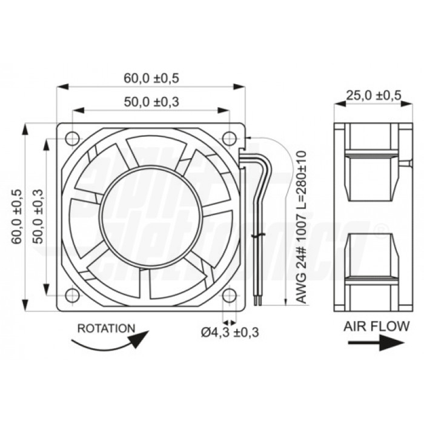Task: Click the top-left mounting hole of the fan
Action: point(72,137)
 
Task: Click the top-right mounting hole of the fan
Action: point(230,137)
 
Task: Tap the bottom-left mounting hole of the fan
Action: point(72,296)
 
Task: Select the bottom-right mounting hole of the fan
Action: point(230,296)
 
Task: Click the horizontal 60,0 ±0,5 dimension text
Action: point(151,78)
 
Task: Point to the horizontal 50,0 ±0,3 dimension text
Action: point(151,102)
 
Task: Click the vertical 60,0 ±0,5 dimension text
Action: point(16,217)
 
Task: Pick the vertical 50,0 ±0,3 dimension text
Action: point(38,217)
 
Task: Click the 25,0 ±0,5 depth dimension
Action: point(373,95)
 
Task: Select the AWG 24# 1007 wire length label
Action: point(300,227)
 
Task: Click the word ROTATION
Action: point(107,328)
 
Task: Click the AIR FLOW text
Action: point(376,326)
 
